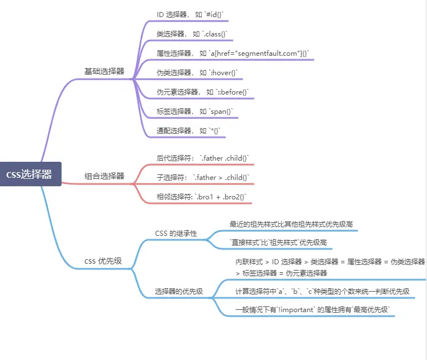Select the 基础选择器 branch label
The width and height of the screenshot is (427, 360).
[104, 71]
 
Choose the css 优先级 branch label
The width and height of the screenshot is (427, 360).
[103, 261]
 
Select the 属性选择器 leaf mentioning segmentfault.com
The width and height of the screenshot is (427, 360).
[233, 53]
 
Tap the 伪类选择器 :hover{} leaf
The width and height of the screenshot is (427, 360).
[197, 72]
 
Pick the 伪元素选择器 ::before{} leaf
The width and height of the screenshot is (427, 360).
[203, 92]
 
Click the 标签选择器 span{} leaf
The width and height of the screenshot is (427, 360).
[195, 111]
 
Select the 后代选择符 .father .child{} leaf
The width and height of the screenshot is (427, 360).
[203, 158]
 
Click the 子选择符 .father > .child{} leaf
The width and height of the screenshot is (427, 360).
[203, 177]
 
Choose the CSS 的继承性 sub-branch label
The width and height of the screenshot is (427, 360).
[176, 234]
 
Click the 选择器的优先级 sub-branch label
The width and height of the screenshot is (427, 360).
[179, 292]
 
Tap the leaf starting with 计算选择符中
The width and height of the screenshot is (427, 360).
[322, 291]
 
